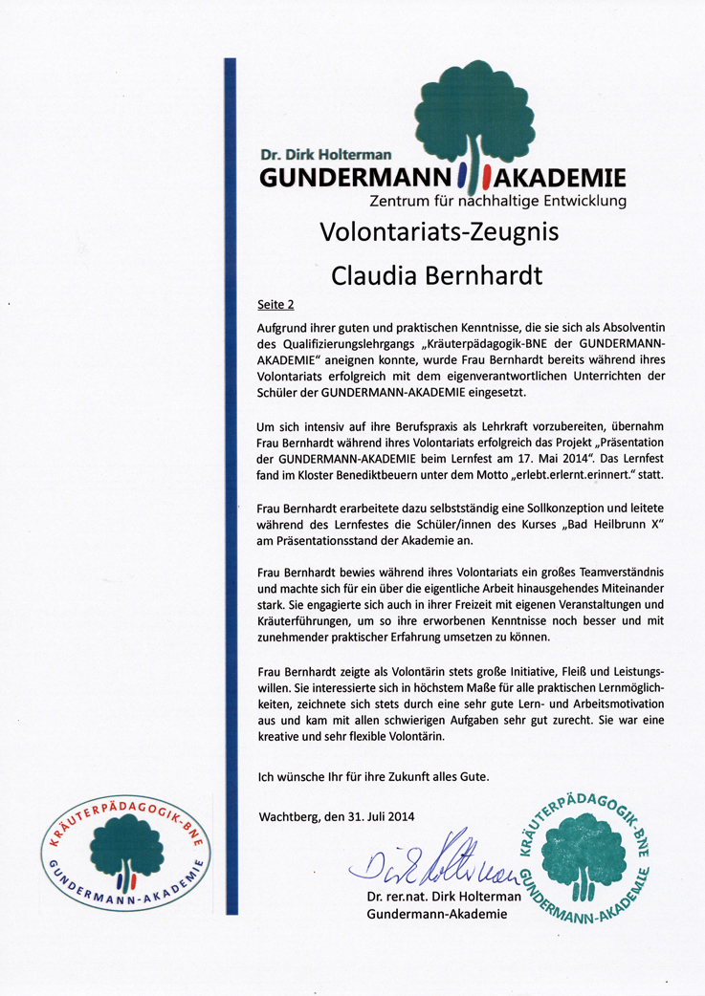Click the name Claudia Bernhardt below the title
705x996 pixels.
point(436,275)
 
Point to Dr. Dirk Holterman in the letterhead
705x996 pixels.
point(325,153)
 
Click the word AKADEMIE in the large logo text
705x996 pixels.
point(560,178)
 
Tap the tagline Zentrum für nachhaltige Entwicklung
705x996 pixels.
point(497,201)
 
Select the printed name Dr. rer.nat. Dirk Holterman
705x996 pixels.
point(444,897)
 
